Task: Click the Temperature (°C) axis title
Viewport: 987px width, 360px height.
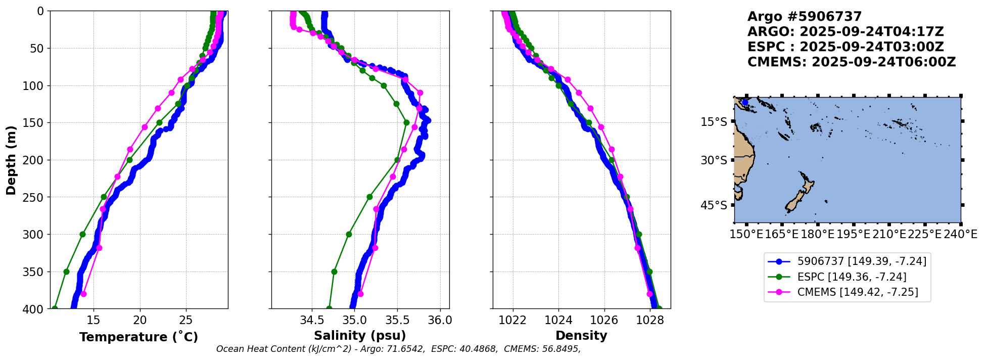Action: click(x=138, y=337)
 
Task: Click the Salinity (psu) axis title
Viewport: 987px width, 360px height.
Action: click(x=360, y=336)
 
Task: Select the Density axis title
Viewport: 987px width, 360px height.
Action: click(x=581, y=336)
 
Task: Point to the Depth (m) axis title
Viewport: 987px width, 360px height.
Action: click(x=11, y=160)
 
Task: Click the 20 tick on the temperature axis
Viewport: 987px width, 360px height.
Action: click(x=140, y=320)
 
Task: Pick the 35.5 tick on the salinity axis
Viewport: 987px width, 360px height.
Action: click(x=397, y=320)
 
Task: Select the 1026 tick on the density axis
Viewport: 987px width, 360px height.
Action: click(x=604, y=320)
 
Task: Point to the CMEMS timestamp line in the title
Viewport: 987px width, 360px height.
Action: click(x=852, y=62)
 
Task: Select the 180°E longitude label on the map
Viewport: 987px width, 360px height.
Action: click(x=817, y=234)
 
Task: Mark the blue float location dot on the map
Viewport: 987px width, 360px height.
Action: click(x=745, y=103)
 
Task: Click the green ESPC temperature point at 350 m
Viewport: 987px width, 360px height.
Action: click(x=66, y=272)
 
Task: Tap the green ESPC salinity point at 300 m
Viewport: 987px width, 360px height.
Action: click(x=349, y=235)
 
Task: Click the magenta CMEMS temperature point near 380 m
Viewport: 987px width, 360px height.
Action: click(x=83, y=294)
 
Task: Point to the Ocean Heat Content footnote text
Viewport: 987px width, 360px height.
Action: click(x=398, y=349)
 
